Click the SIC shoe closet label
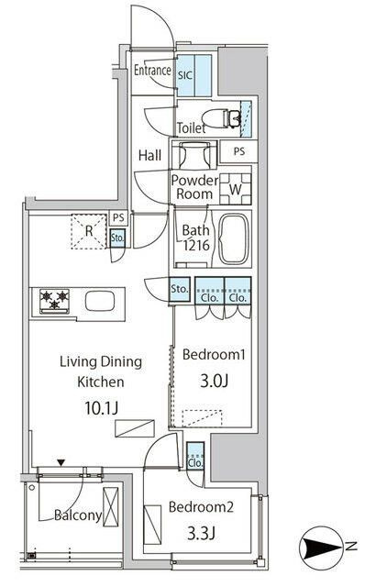pyautogui.click(x=185, y=75)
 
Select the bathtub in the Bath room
pyautogui.click(x=234, y=238)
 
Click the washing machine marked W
pyautogui.click(x=235, y=189)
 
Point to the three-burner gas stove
pyautogui.click(x=55, y=301)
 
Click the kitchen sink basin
pyautogui.click(x=100, y=302)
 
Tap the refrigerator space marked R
pyautogui.click(x=89, y=231)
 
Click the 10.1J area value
pyautogui.click(x=101, y=407)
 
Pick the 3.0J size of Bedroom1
pyautogui.click(x=214, y=381)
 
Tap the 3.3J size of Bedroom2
pyautogui.click(x=201, y=533)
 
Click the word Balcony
pyautogui.click(x=78, y=515)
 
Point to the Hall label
pyautogui.click(x=149, y=155)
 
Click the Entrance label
pyautogui.click(x=152, y=70)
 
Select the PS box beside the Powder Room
pyautogui.click(x=238, y=151)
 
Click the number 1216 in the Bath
pyautogui.click(x=195, y=245)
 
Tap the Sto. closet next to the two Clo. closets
pyautogui.click(x=180, y=289)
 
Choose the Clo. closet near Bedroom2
pyautogui.click(x=195, y=456)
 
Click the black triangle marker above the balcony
pyautogui.click(x=61, y=462)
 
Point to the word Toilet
pyautogui.click(x=192, y=128)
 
